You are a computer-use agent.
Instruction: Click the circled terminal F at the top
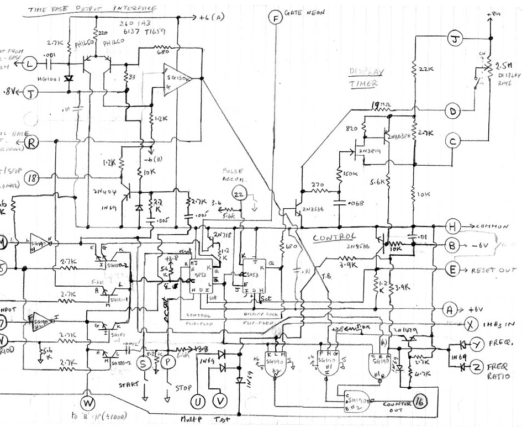pos(274,18)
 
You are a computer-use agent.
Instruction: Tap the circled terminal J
pos(454,40)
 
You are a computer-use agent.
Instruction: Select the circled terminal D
pos(454,112)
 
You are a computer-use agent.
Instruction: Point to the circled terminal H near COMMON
pos(452,226)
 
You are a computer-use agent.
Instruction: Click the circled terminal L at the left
pos(29,65)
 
